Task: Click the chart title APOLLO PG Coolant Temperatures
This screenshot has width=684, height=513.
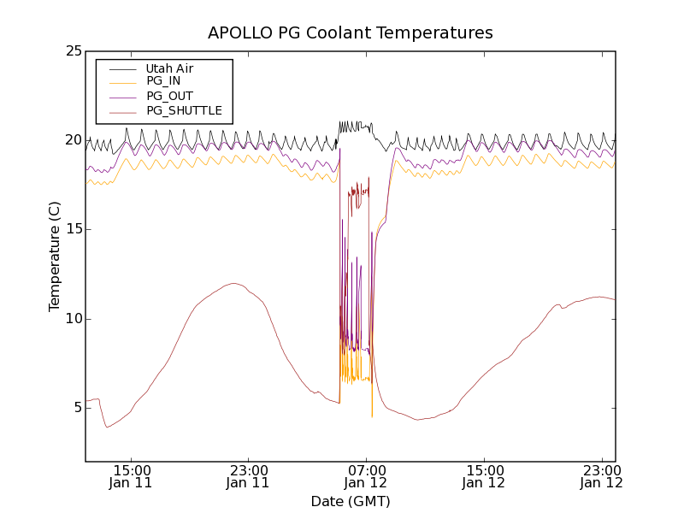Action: coord(351,33)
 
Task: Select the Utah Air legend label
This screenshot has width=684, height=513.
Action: coord(169,68)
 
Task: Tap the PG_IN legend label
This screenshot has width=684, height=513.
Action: coord(163,80)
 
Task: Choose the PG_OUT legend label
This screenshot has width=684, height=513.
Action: coord(169,96)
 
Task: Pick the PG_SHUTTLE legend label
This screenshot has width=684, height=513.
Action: coord(184,110)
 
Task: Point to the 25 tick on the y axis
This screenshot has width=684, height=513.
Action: coord(74,50)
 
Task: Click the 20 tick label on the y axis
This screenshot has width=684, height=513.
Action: coord(74,139)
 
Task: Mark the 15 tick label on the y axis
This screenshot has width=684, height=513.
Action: coord(74,229)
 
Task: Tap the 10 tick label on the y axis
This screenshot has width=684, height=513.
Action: coord(74,318)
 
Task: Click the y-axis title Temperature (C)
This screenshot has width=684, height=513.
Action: coord(55,256)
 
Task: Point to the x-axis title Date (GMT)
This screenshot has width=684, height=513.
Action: coord(351,501)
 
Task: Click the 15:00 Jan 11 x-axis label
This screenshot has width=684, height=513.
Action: coord(132,476)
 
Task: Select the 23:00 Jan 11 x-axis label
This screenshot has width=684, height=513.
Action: coord(248,476)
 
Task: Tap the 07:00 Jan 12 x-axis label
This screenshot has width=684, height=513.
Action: coord(367,476)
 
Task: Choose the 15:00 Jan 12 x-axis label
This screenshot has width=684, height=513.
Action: coord(484,476)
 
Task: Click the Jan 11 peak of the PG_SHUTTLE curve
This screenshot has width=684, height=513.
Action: coord(233,283)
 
